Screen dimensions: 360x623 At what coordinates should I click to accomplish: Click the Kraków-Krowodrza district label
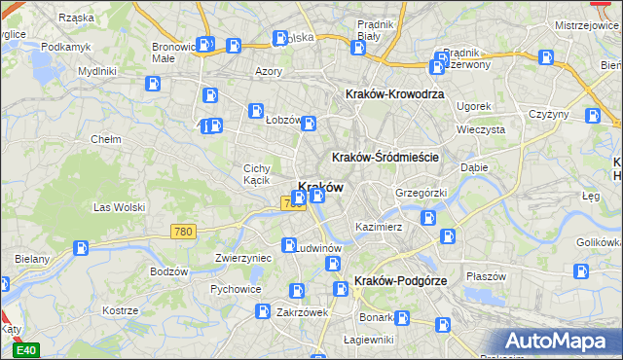395,94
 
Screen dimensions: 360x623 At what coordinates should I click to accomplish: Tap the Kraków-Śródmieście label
386,158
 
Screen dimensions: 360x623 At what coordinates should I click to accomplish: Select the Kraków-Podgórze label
401,281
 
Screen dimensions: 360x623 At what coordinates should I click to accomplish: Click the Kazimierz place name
379,227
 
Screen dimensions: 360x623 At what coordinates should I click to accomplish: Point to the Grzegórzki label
421,193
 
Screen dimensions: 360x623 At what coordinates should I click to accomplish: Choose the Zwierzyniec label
242,259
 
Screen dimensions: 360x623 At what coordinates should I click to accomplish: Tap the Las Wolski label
119,207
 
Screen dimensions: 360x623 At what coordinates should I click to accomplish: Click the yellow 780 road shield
182,232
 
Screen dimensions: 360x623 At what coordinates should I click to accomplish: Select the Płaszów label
487,276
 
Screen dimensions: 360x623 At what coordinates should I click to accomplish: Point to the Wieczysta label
481,128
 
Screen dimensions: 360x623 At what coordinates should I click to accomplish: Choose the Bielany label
32,260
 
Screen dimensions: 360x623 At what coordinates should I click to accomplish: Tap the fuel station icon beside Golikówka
582,271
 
